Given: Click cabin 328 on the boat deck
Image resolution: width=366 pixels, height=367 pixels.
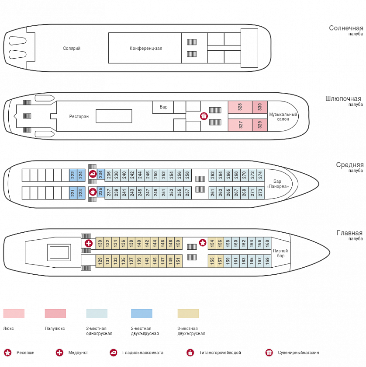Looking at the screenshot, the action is [240, 107].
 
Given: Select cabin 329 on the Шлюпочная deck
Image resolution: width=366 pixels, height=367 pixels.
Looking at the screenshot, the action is [260, 125].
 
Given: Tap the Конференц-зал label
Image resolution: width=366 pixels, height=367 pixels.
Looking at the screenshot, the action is [146, 48].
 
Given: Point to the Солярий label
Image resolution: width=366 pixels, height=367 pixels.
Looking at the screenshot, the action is [72, 48].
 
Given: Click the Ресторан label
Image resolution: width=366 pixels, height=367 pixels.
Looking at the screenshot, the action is [79, 116].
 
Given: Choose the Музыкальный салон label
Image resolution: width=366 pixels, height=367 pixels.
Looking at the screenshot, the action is [283, 116].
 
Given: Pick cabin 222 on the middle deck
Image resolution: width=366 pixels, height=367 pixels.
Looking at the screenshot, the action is [73, 175].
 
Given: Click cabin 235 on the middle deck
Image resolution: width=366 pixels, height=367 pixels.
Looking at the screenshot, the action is [100, 192].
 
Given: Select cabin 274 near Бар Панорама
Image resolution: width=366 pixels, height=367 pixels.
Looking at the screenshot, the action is [260, 175].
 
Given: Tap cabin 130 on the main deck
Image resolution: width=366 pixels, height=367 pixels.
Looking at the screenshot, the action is [100, 243].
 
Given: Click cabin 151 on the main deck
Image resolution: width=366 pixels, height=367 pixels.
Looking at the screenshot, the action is [178, 261].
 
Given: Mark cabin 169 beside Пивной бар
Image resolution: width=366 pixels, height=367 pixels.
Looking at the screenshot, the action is [267, 261].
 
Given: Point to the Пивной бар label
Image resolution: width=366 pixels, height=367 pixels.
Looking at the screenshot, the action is [280, 253].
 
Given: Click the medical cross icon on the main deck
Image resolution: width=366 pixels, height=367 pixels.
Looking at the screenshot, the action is [89, 243].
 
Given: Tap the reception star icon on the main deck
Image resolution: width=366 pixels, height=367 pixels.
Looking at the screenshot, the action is [203, 243].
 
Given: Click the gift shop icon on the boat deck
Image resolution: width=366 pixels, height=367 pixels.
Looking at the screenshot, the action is [204, 116].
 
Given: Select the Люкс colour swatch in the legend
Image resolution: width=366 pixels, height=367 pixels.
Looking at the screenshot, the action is [14, 314].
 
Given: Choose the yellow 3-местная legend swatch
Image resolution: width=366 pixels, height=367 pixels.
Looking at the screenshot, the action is [188, 314].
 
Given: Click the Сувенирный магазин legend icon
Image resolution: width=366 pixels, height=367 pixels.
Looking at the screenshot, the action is [269, 353].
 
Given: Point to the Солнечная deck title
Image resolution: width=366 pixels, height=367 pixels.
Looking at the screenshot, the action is [346, 28].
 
